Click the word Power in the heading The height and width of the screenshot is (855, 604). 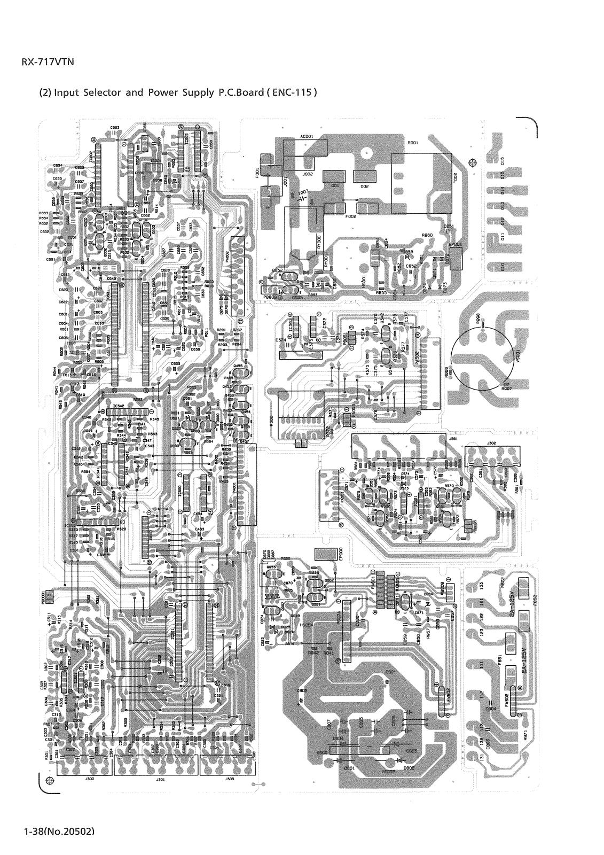pyautogui.click(x=169, y=92)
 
